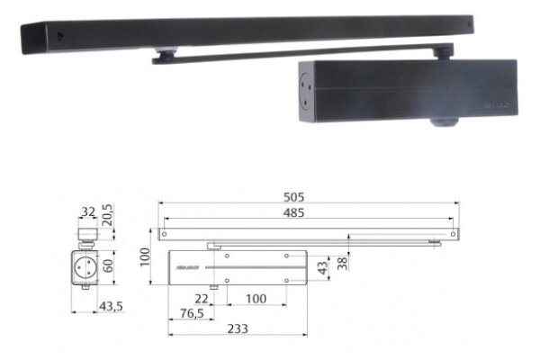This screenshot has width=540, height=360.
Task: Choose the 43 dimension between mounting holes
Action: (323, 268)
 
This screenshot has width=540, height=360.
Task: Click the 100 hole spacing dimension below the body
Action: (256, 298)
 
